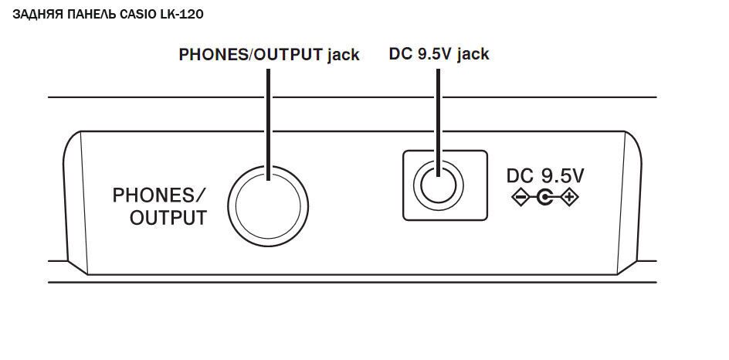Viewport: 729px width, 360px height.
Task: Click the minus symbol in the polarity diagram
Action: (x=520, y=199)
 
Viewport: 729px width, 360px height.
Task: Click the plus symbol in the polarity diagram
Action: (x=571, y=199)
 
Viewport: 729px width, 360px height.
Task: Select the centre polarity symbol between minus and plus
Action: (x=545, y=199)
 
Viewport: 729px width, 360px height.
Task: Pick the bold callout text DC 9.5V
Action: (x=418, y=54)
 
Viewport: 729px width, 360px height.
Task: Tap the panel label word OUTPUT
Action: (x=168, y=218)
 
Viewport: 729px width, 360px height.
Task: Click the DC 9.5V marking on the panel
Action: (x=545, y=176)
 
